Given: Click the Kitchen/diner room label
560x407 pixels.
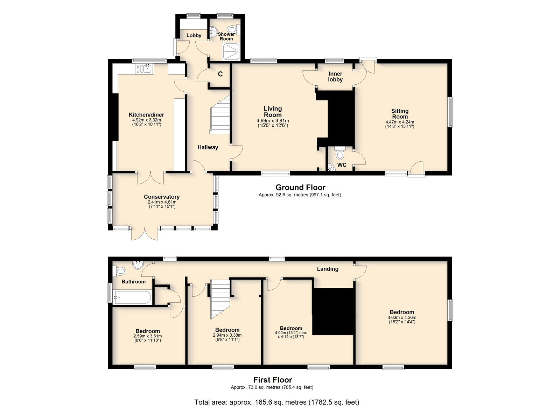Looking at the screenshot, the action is (x=146, y=115).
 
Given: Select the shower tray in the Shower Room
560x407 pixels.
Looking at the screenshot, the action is (x=232, y=51).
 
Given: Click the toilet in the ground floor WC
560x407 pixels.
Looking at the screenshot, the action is (x=340, y=153).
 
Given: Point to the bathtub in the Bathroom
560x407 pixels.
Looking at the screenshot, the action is (x=132, y=297).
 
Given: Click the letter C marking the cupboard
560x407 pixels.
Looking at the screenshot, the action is (x=220, y=74).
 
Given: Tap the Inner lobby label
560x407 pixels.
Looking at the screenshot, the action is (x=335, y=77).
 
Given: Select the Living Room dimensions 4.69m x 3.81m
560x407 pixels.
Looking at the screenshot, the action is (x=273, y=121).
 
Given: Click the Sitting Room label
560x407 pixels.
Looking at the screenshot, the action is (x=400, y=114).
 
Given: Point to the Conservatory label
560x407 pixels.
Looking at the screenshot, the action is (x=162, y=197).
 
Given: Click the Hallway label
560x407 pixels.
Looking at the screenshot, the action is (x=208, y=147).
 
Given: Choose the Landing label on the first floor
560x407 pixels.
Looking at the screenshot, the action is (x=328, y=269).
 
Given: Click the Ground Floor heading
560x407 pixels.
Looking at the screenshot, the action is (x=300, y=187).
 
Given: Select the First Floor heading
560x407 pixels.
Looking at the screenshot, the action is (x=273, y=380).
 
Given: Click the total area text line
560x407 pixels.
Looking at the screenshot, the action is (x=277, y=395).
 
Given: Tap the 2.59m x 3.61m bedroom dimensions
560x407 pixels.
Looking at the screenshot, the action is (x=147, y=336).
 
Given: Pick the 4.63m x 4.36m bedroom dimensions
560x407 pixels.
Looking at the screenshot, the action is (x=402, y=317).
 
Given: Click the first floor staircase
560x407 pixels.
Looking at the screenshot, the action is (x=220, y=299).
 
